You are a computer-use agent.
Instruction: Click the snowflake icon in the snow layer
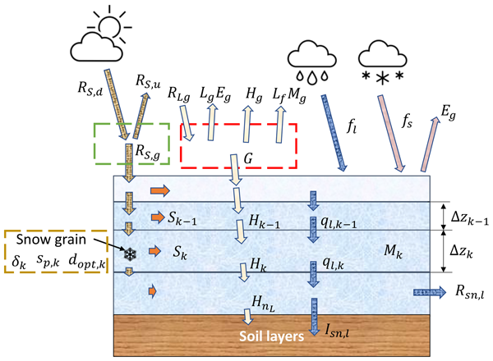click(129, 253)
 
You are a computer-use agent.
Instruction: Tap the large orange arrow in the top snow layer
click(160, 190)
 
